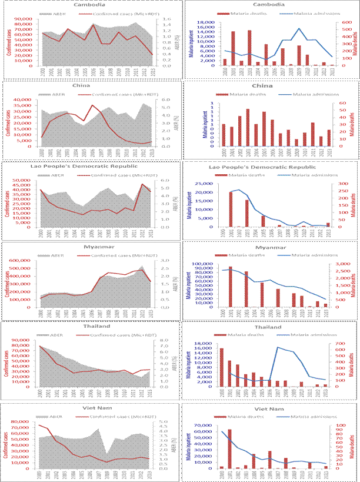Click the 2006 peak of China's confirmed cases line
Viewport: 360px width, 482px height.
point(93,105)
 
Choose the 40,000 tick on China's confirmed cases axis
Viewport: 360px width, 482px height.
point(30,99)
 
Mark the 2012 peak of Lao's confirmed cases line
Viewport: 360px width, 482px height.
point(141,184)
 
